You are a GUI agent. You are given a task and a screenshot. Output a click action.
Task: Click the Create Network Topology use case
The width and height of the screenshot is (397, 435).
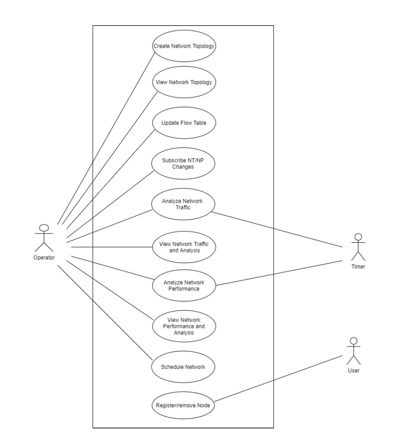coord(184,46)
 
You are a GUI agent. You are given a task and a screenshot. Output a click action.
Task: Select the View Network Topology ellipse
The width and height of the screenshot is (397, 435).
coord(184,82)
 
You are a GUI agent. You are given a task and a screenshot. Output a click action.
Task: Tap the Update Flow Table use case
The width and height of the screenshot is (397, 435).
coord(184,123)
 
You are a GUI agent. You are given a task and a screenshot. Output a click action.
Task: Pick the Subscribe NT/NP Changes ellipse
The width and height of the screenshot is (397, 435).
coord(184,163)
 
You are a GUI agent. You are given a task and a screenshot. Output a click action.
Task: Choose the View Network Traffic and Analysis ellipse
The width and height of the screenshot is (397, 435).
coord(184,247)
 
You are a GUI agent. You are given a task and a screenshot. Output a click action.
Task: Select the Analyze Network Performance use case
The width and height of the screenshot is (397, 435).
coord(184,285)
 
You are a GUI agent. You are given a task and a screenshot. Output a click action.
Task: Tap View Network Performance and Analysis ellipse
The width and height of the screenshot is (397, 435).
coord(184,326)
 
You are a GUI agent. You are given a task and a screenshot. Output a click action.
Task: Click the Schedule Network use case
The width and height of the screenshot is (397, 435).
coord(184,367)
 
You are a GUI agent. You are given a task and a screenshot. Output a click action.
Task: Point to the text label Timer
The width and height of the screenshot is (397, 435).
coord(359,267)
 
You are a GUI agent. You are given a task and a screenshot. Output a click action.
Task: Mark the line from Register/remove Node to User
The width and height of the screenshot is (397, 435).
coord(279,379)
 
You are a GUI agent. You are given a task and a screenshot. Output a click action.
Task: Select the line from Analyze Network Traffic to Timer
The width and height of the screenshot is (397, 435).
coord(279,229)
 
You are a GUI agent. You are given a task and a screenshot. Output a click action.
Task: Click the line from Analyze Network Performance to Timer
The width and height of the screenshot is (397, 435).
coord(279,273)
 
